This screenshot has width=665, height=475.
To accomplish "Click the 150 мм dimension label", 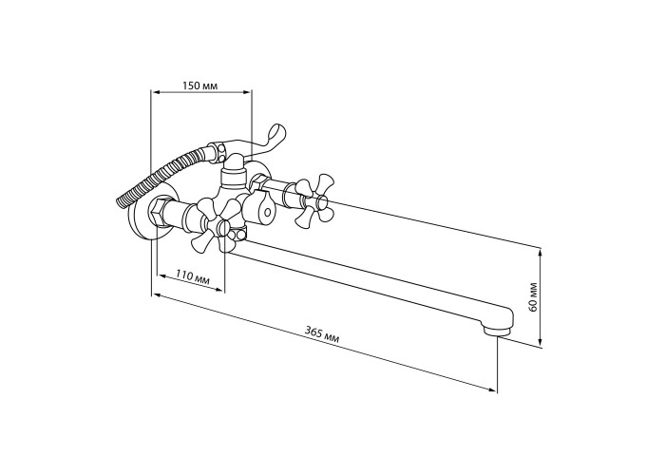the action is (199, 85).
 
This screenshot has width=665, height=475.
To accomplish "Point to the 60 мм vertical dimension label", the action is (534, 296).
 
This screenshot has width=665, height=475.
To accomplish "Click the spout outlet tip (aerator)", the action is (495, 329).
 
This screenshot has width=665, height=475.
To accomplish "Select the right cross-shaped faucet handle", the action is (313, 200).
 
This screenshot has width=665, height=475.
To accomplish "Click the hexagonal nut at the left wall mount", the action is (159, 212).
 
